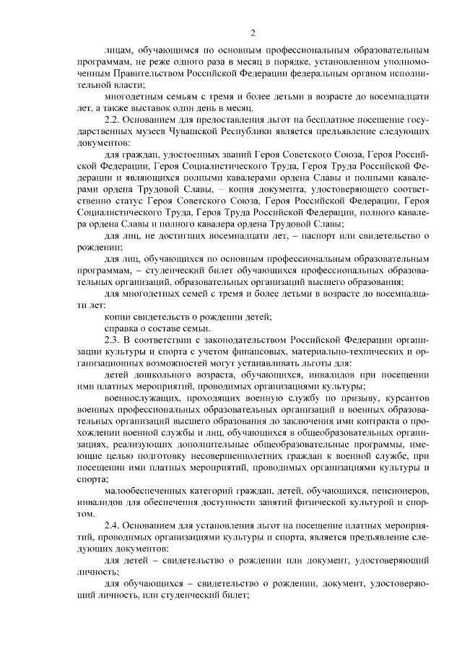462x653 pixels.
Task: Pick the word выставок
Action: pyautogui.click(x=141, y=106)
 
